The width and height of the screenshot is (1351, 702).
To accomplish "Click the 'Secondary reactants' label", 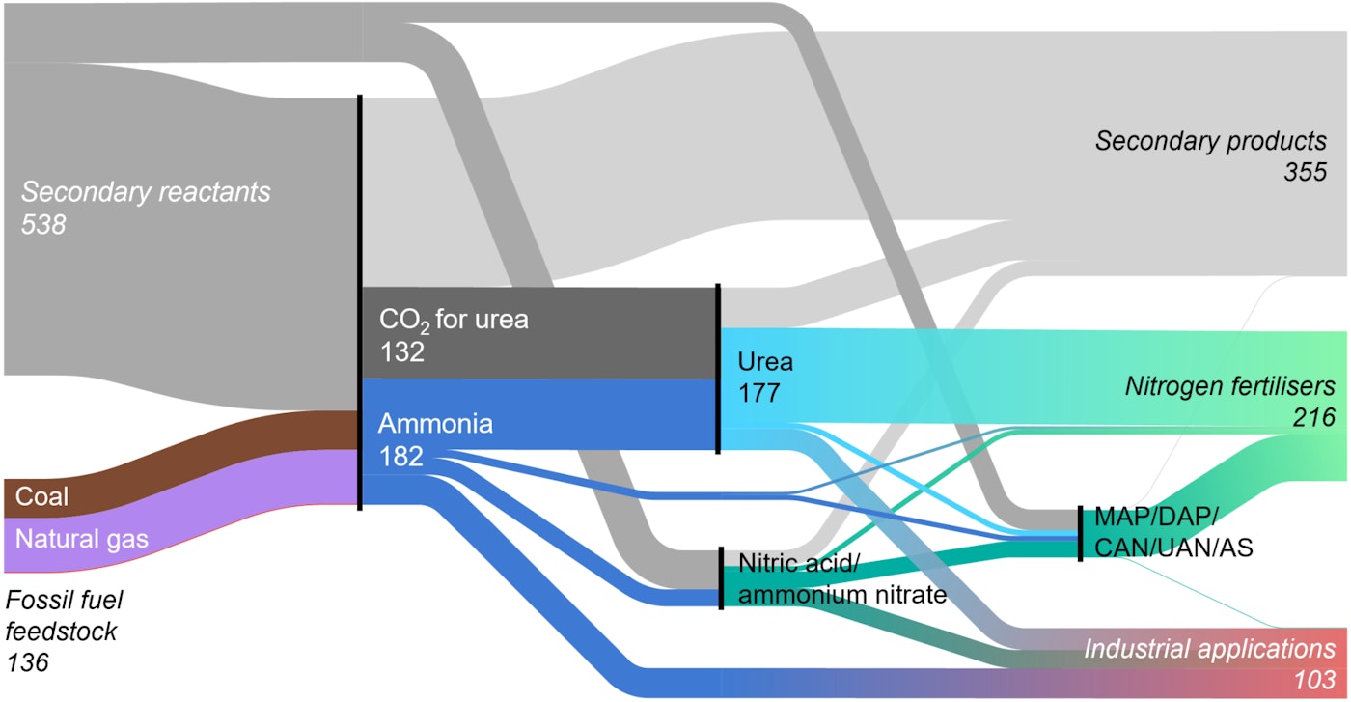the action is [146, 192].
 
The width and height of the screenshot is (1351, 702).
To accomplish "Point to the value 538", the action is [42, 225].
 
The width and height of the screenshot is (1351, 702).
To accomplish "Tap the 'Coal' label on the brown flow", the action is [41, 496].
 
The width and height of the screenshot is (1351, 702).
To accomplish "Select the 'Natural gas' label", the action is [81, 539].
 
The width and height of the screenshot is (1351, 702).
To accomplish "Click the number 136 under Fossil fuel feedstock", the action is [27, 662].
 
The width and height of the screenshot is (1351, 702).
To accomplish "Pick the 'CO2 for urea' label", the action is [454, 320].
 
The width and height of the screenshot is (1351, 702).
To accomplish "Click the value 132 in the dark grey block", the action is [402, 351].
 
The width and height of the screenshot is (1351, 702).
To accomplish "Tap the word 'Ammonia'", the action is [435, 424].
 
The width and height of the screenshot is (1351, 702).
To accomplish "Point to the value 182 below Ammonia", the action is [401, 457].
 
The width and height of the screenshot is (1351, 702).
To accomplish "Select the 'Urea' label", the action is [765, 361].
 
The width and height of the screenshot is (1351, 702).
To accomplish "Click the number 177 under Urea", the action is [759, 393].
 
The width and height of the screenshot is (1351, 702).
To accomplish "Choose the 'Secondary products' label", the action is [1211, 141].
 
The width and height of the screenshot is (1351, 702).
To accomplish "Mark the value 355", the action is [1305, 172].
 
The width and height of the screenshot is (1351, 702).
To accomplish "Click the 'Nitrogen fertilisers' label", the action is [1230, 386].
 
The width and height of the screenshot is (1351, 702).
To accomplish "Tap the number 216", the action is [1314, 418].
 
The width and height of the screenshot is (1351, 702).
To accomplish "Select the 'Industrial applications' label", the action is [1210, 650].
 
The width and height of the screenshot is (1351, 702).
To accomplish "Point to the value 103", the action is [1314, 680].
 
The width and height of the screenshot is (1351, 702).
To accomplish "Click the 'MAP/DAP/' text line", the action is [1156, 517].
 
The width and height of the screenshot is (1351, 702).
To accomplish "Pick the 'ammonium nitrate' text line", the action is [842, 595].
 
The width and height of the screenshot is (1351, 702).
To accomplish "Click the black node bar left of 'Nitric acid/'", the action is [722, 578].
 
